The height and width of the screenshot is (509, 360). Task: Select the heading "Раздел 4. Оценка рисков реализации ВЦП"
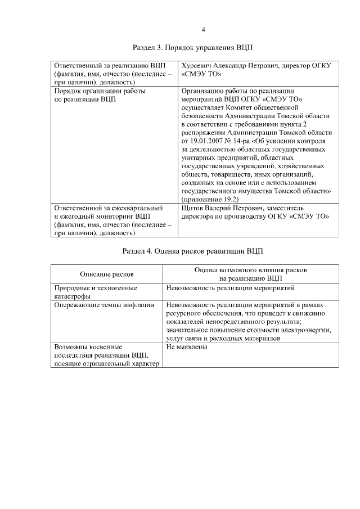pyautogui.click(x=192, y=250)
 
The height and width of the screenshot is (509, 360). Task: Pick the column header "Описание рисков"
pyautogui.click(x=107, y=274)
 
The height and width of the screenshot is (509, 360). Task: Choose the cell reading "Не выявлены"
pyautogui.click(x=187, y=347)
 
